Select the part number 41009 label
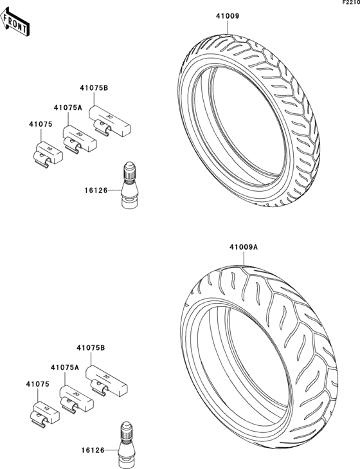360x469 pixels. tap(228, 16)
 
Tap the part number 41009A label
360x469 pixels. tap(244, 247)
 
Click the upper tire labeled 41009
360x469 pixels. tap(249, 120)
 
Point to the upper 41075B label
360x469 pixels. tap(94, 88)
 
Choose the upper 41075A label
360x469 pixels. tap(68, 107)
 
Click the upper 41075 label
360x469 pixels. tap(40, 124)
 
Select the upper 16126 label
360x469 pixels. tap(96, 190)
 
